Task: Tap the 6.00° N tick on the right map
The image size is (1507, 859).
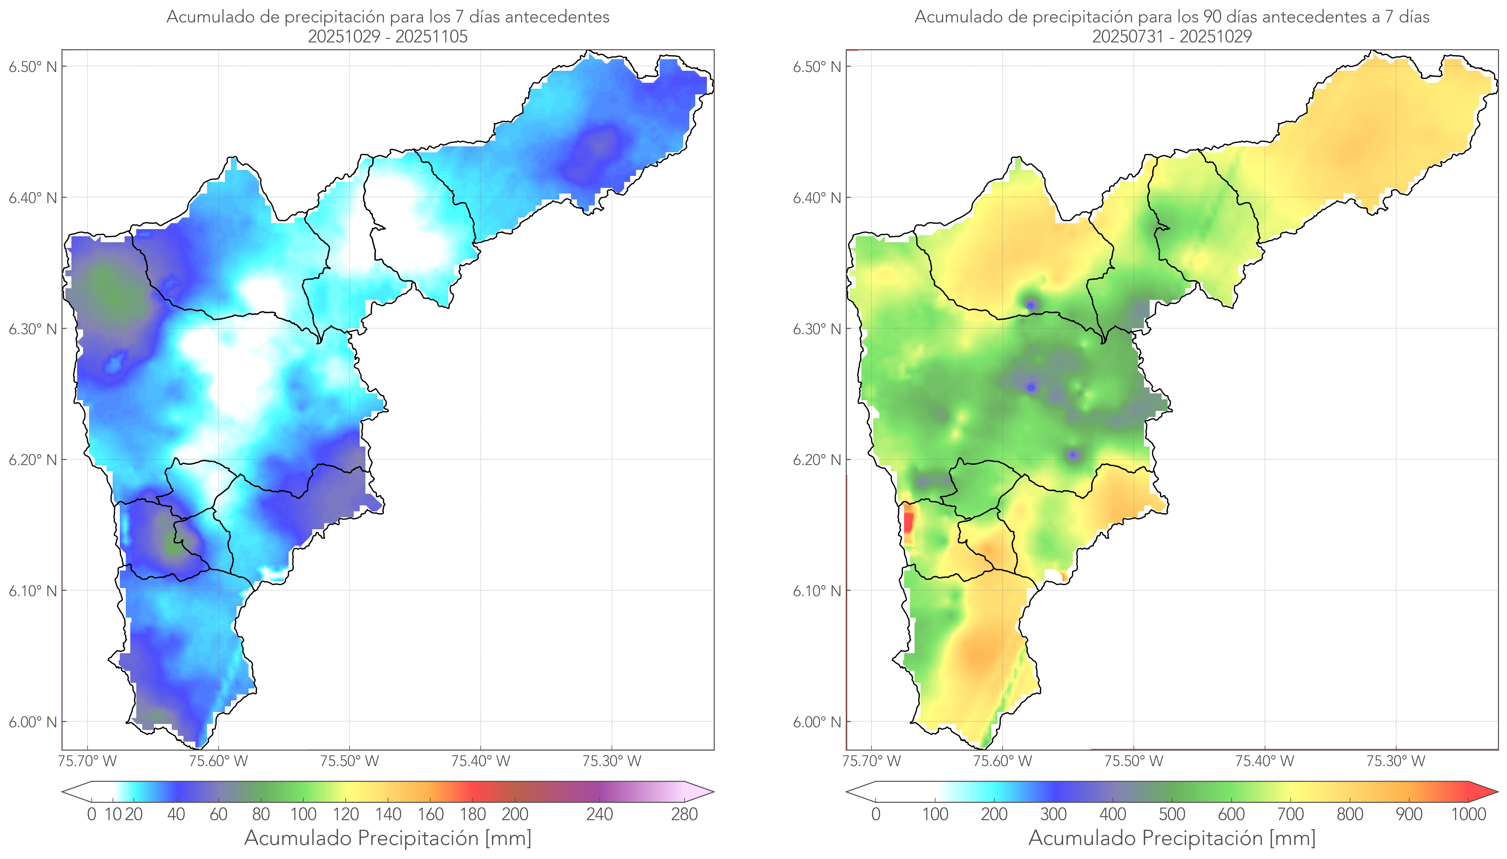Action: pos(817,722)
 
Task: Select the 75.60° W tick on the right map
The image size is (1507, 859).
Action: pos(1002,761)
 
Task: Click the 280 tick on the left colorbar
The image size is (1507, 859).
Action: pos(684,814)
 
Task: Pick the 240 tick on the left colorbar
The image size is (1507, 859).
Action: pos(600,814)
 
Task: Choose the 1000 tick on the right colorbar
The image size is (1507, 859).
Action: pos(1468,814)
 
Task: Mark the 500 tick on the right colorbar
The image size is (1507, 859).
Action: pos(1172,814)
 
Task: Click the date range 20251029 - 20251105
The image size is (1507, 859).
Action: pos(388,36)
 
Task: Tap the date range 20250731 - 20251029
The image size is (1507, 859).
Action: pos(1172,36)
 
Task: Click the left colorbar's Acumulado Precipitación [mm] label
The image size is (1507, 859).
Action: pos(388,838)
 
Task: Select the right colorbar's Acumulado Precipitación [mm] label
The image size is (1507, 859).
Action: pos(1172,838)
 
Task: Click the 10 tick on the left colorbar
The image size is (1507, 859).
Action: pos(113,814)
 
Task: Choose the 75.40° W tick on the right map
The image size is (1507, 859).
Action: pos(1264,761)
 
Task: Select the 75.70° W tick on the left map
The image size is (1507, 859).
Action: pos(87,761)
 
